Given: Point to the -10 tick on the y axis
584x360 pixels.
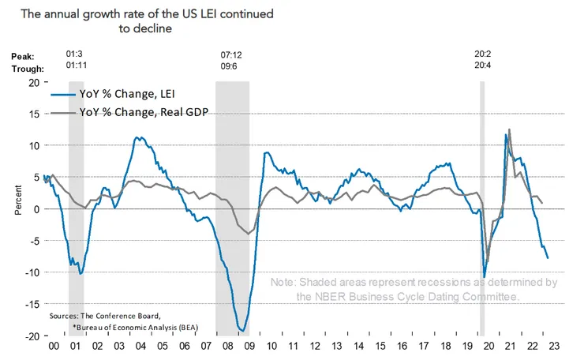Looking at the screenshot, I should click(34, 272).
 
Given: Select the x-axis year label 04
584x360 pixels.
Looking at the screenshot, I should click(138, 346).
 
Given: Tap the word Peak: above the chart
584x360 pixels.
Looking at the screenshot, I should click(24, 56).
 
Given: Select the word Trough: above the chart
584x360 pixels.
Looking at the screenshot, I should click(28, 69).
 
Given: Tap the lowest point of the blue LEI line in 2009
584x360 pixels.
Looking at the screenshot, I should click(243, 331).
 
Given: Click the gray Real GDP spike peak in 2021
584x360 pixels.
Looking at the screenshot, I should click(510, 130).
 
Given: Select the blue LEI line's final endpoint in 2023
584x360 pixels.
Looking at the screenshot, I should click(548, 257).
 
